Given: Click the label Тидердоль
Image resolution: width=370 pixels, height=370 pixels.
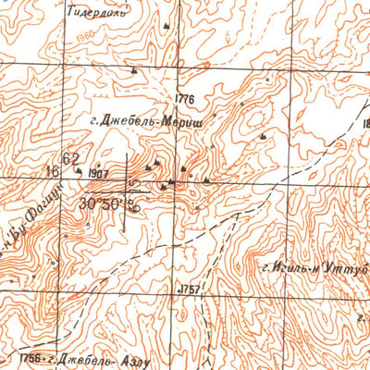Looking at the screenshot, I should [x=95, y=15].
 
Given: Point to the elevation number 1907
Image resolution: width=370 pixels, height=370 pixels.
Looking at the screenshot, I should [x=100, y=174].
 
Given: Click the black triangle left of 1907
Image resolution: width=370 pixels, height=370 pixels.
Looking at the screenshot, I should [x=79, y=170].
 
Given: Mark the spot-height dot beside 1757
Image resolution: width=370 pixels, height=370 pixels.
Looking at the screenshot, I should [x=178, y=290].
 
